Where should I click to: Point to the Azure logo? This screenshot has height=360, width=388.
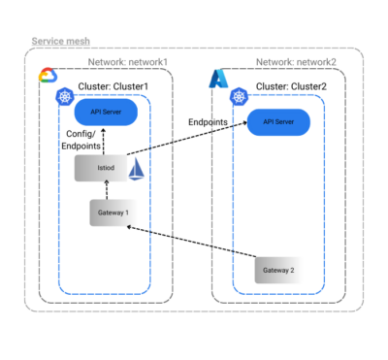(x=218, y=77)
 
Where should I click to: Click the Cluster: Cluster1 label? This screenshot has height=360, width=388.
(x=113, y=87)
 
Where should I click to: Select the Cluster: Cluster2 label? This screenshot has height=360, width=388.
(x=288, y=87)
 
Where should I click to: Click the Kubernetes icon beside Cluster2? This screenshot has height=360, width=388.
(x=239, y=95)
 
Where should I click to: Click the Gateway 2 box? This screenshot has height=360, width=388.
(x=274, y=269)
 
